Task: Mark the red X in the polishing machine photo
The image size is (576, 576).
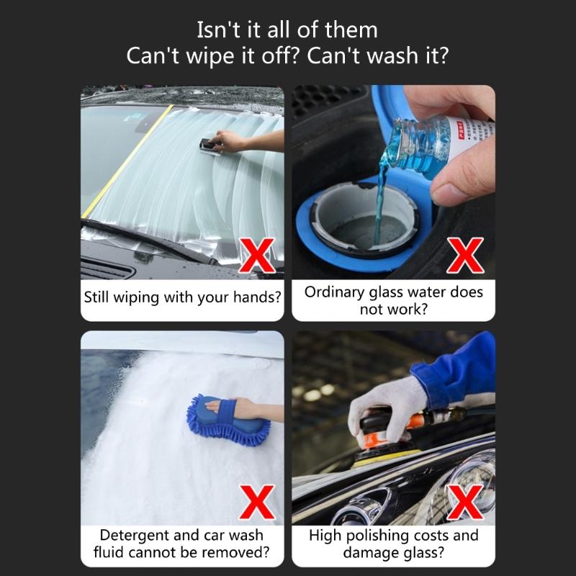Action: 467,502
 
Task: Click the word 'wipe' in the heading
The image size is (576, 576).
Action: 197,56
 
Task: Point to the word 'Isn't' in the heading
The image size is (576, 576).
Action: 217,30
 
